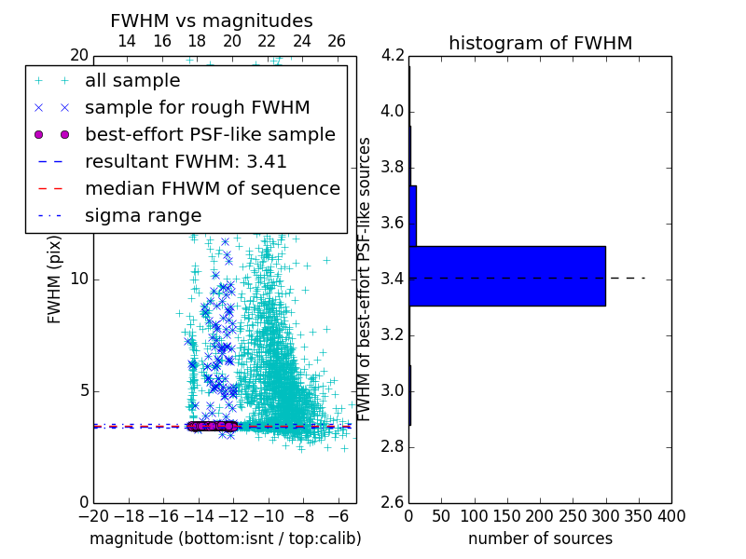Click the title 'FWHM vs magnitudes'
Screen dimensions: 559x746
(x=211, y=20)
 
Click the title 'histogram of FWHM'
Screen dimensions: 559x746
(x=540, y=43)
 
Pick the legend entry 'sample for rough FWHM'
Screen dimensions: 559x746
(x=197, y=107)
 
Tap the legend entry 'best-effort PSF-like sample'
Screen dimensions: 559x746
(x=210, y=134)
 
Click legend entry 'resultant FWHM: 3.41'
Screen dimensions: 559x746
(x=186, y=161)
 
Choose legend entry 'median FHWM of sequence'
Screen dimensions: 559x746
(x=212, y=188)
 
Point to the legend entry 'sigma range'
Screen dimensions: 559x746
(x=143, y=215)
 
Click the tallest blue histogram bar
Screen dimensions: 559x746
(x=507, y=276)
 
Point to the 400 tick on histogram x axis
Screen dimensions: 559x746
(x=671, y=516)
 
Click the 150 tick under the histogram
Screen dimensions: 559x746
(x=507, y=516)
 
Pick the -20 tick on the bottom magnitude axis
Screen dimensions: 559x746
(x=93, y=516)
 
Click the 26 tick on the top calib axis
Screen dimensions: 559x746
(x=337, y=41)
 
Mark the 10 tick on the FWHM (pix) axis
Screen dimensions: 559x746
(x=78, y=279)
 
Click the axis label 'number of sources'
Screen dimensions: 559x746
(x=540, y=539)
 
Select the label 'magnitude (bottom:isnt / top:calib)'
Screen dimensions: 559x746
(x=225, y=539)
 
